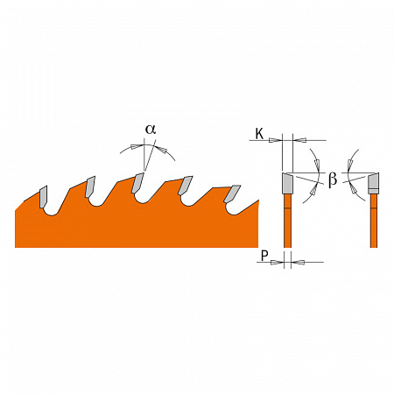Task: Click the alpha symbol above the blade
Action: coord(150,129)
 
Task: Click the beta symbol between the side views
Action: coord(333,180)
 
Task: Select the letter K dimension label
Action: coord(259,135)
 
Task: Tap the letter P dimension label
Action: coord(264,257)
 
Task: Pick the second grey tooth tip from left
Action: coord(88,186)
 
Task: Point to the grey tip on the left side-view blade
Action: coord(287,183)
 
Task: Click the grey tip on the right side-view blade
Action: coord(373,183)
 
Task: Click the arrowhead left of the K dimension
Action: coord(277,139)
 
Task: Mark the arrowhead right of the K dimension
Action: coord(299,139)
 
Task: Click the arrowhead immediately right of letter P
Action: coord(278,261)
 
